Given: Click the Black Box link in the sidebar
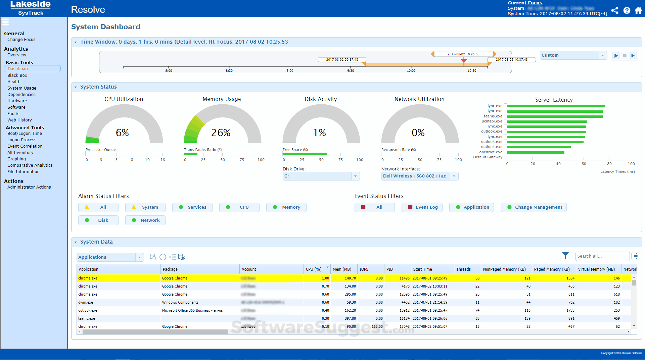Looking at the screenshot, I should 17,75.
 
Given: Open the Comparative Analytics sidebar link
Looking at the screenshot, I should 30,165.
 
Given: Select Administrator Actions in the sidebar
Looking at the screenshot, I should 29,187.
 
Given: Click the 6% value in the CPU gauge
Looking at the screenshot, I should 122,133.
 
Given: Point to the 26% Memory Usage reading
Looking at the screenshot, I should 221,133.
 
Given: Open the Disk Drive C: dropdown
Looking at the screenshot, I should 321,176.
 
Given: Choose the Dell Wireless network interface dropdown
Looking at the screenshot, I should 419,176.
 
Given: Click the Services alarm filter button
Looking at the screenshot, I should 192,207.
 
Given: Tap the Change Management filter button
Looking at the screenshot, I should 534,207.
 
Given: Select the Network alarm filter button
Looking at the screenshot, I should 145,220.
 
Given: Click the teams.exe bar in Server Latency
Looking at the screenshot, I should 555,116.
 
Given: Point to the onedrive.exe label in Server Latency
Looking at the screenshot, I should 491,152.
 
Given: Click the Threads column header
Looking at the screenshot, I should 463,269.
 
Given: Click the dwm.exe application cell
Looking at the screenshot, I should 86,302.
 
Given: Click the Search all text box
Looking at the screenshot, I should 602,256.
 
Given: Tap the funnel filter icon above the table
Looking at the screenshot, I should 565,256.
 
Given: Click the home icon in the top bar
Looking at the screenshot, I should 638,10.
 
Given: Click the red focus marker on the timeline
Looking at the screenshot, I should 464,61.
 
